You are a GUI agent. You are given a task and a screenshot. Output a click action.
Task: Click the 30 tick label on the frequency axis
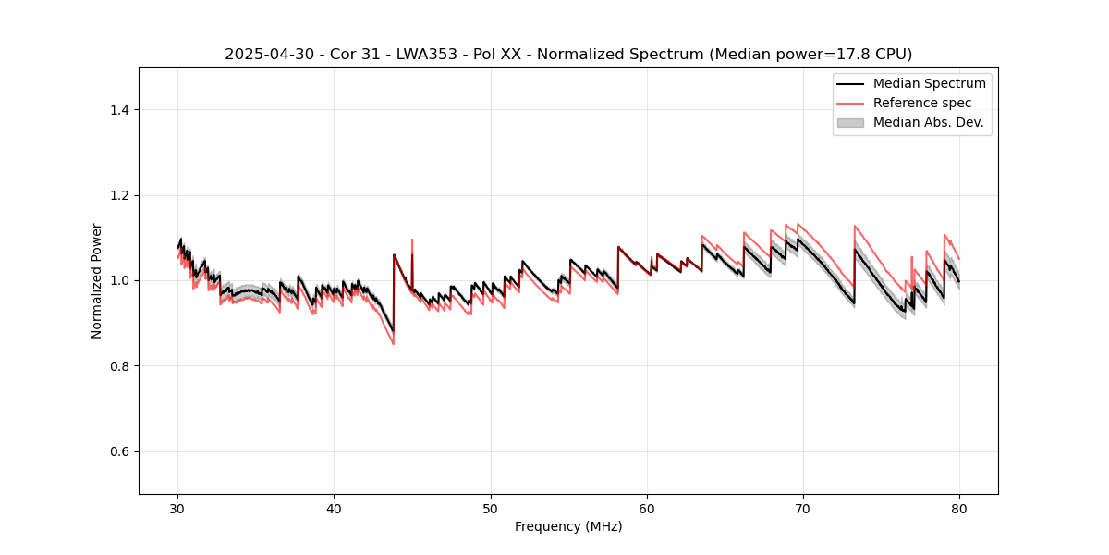(x=178, y=508)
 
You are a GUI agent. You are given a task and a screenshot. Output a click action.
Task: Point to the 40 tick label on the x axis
(x=335, y=508)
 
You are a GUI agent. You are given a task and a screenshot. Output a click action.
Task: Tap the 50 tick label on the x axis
(x=491, y=508)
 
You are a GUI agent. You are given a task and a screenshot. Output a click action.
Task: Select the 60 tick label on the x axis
(x=647, y=508)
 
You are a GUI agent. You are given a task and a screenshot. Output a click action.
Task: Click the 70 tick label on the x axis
(x=803, y=508)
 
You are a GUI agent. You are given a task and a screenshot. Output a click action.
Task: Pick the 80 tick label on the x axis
(x=959, y=508)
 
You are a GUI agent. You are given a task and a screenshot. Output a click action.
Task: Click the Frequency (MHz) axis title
(x=568, y=526)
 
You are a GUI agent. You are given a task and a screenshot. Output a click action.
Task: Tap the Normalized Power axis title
(x=96, y=280)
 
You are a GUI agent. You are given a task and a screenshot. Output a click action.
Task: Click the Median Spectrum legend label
(x=929, y=83)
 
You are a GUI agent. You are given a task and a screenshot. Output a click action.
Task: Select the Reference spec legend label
(x=922, y=103)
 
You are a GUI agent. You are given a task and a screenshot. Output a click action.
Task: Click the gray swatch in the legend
(x=850, y=122)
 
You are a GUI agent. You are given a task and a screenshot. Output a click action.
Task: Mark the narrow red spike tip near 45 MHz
(x=412, y=240)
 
